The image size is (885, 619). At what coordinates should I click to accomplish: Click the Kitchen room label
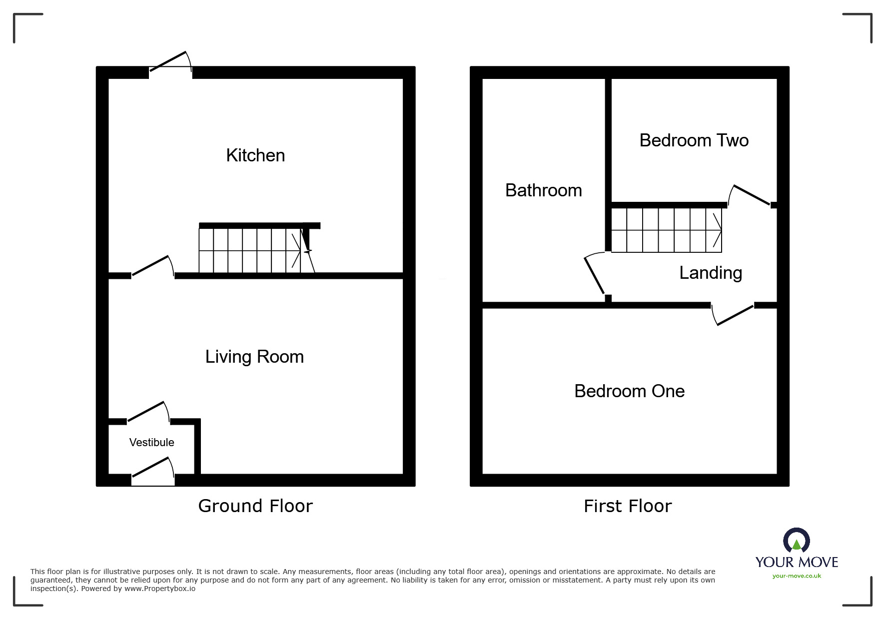(x=255, y=155)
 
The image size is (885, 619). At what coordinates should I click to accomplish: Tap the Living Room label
(x=254, y=357)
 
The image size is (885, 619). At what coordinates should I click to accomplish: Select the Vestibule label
(x=151, y=442)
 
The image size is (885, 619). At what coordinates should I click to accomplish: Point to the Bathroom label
(x=543, y=190)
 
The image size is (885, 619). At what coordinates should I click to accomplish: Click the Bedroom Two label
(x=694, y=140)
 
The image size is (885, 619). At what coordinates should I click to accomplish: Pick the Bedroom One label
(x=629, y=391)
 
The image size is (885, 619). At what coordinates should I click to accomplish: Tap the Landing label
(x=710, y=273)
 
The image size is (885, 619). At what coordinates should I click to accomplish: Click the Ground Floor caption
(x=255, y=506)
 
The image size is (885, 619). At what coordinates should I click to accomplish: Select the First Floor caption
(x=628, y=506)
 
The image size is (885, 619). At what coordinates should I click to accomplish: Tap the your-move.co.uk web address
(x=797, y=576)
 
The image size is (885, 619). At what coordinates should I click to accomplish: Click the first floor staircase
(x=666, y=230)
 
